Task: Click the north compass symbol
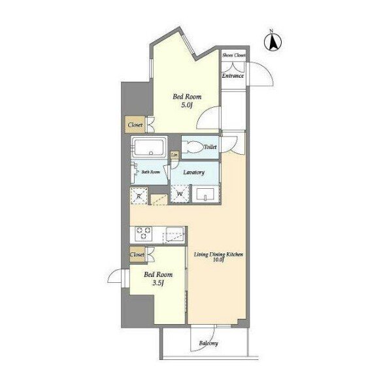[273, 42]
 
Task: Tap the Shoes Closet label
[234, 56]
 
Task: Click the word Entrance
[233, 76]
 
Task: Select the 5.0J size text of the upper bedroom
[187, 105]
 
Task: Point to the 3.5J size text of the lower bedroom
[158, 283]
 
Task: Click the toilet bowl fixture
[192, 147]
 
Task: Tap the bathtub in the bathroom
[149, 147]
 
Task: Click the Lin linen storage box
[175, 155]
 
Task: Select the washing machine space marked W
[180, 193]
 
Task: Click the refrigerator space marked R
[139, 196]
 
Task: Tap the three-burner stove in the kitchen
[144, 234]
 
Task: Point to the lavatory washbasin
[205, 194]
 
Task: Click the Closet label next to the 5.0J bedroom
[135, 125]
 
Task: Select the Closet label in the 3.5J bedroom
[137, 255]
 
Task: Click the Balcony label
[208, 343]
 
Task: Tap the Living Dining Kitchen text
[218, 255]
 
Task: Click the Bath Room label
[150, 172]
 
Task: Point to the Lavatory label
[194, 172]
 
